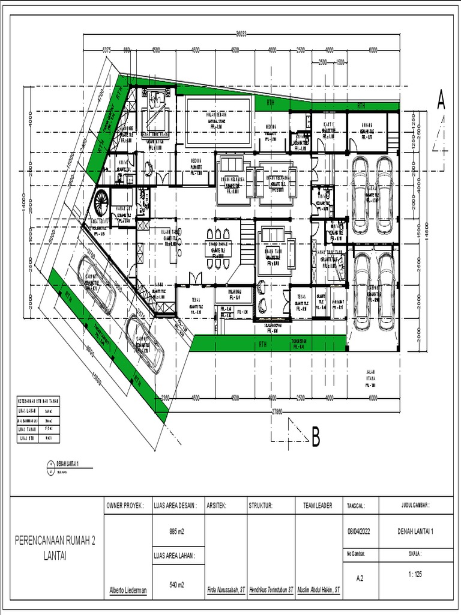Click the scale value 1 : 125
(x=414, y=574)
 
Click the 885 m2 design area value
(x=177, y=530)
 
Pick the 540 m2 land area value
(x=177, y=584)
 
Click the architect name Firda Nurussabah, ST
(x=226, y=591)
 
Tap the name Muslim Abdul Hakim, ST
(x=318, y=591)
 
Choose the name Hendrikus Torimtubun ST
(x=271, y=591)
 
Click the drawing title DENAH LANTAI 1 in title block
(x=415, y=531)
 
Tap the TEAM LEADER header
(x=318, y=506)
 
